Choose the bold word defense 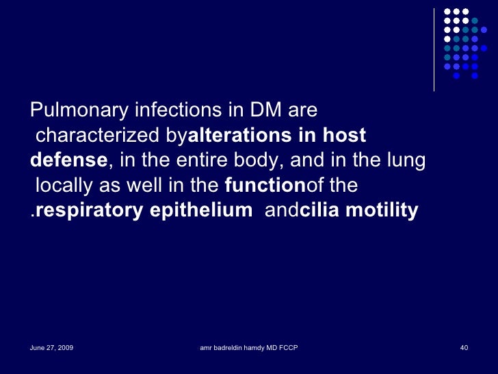68,161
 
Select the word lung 408,161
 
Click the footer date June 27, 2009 51,349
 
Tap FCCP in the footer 287,349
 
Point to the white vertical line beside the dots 434,48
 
